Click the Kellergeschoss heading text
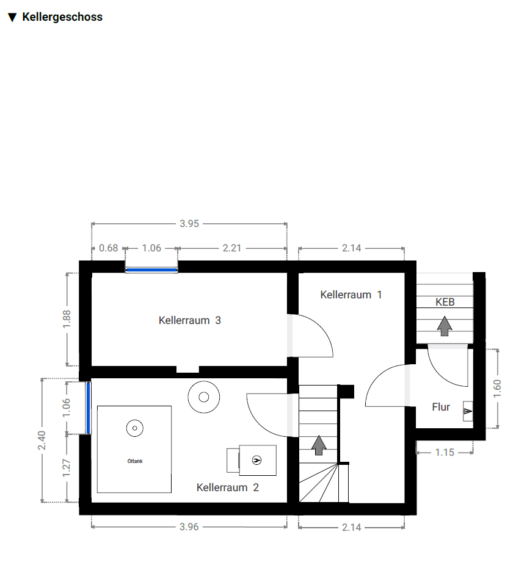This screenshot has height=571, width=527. (62, 17)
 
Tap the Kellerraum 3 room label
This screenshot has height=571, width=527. (189, 320)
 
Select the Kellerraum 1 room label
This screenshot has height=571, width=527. (351, 295)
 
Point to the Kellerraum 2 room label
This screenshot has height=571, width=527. (227, 487)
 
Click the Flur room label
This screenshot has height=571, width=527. (441, 407)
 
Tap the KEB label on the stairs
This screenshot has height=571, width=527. (445, 302)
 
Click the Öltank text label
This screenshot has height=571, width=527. (135, 461)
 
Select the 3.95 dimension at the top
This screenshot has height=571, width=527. (189, 224)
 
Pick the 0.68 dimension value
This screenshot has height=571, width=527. (109, 248)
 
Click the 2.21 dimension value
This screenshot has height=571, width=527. (232, 248)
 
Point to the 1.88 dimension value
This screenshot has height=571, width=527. (67, 319)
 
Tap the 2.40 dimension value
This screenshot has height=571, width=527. (42, 440)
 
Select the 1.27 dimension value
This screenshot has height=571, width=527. (66, 468)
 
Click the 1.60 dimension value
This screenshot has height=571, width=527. (497, 389)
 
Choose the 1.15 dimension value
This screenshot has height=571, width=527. (445, 452)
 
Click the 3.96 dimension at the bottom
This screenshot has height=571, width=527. (189, 526)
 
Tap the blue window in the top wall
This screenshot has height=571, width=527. (151, 270)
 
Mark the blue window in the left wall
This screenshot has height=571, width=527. (88, 408)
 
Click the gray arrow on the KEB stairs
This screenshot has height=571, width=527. (445, 326)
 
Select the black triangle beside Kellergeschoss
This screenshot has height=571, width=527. (12, 18)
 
